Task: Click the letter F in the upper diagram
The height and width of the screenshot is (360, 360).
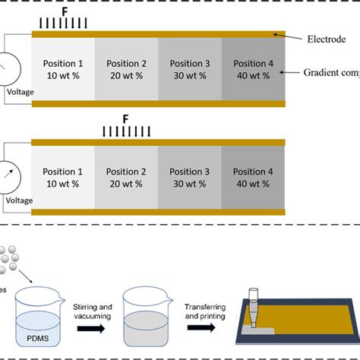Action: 64,13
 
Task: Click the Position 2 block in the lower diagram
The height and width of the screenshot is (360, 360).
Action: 127,178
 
